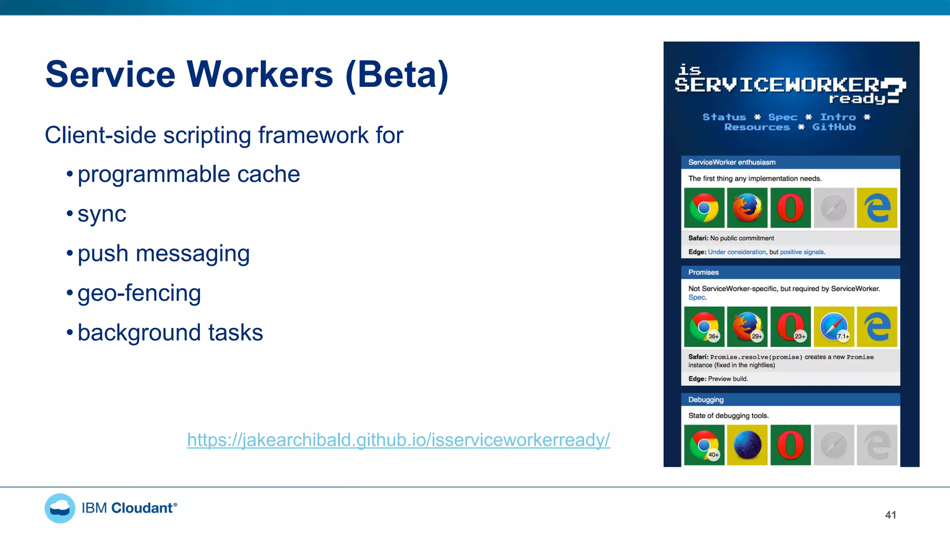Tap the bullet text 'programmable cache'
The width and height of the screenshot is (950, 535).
click(188, 174)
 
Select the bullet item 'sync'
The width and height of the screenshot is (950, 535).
click(102, 214)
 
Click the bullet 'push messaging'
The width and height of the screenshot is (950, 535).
click(163, 254)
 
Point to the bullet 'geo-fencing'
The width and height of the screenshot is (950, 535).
click(139, 293)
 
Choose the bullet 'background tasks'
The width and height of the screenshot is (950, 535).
click(170, 333)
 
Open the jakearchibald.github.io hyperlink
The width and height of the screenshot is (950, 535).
click(398, 439)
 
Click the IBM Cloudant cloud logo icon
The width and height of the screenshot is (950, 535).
click(60, 508)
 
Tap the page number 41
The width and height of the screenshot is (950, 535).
click(890, 515)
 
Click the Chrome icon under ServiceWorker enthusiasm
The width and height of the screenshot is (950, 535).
click(704, 208)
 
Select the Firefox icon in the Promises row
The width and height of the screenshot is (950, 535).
click(747, 326)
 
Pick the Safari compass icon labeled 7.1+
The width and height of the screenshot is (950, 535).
click(834, 326)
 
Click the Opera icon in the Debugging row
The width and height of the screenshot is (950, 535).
click(790, 444)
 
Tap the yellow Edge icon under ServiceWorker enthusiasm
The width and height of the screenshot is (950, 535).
click(877, 208)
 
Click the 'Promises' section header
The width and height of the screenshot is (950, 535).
click(703, 272)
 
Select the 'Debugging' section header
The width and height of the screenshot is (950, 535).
click(706, 399)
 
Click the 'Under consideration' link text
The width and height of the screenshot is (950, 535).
click(737, 252)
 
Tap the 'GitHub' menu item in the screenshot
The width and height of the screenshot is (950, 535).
click(834, 127)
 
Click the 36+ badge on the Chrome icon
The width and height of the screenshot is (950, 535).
click(713, 336)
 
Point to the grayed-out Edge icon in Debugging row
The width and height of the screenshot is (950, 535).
click(877, 444)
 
